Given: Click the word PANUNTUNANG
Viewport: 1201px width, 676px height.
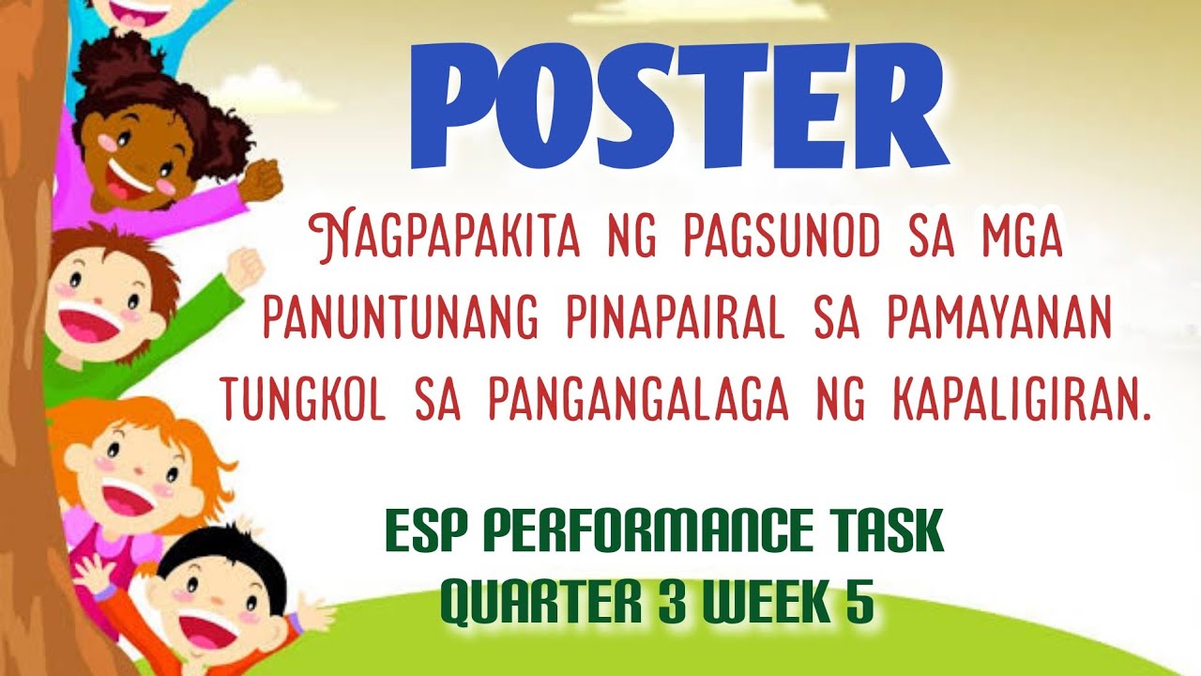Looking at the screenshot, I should (401, 321).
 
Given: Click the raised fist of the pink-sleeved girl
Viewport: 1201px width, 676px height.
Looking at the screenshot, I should (266, 177).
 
